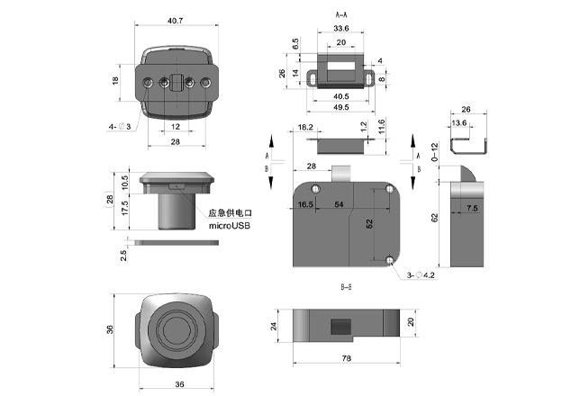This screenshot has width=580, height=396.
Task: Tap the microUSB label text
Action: click(x=230, y=225)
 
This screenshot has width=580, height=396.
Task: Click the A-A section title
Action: click(x=342, y=15)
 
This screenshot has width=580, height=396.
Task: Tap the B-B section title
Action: click(x=346, y=290)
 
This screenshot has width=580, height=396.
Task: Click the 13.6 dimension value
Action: click(x=458, y=123)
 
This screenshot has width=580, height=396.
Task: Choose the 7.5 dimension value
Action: click(x=472, y=209)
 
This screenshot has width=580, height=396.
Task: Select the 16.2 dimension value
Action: click(x=304, y=128)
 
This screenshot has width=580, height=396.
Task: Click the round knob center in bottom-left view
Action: click(x=177, y=330)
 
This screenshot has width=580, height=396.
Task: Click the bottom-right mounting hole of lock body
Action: click(x=389, y=260)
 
